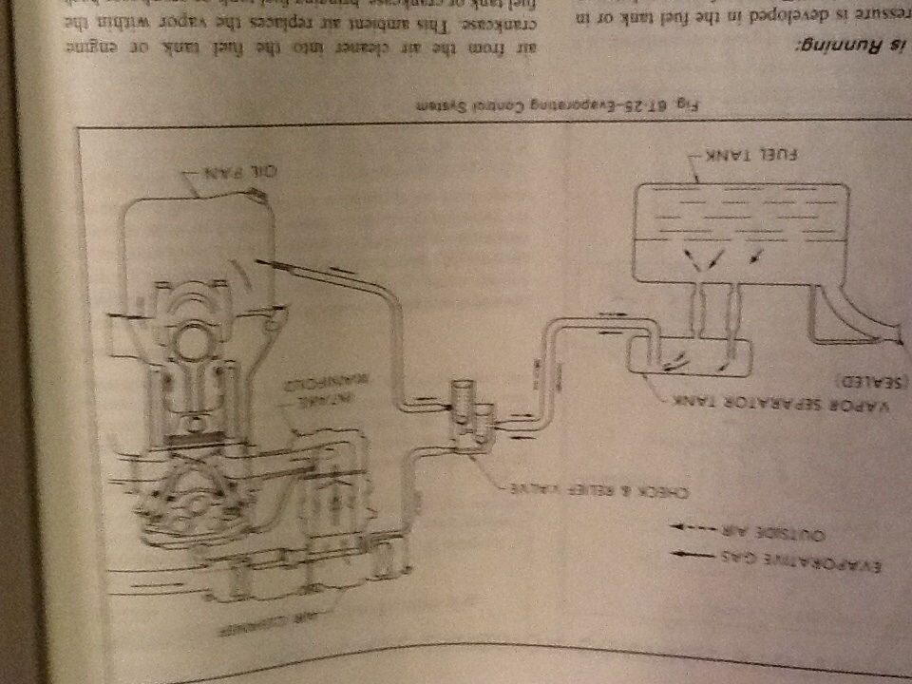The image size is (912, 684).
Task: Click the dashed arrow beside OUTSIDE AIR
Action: [690, 525]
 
